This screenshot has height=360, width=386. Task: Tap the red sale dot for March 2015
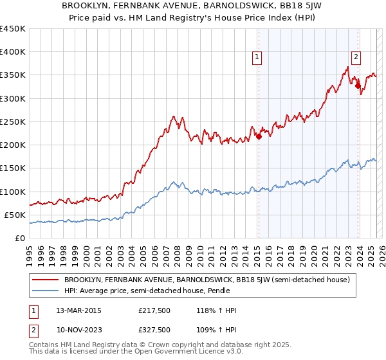tap(259, 136)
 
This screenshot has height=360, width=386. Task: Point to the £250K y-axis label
tap(13, 122)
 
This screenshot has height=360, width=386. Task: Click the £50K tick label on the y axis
tap(15, 215)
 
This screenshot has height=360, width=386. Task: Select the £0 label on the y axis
tap(20, 238)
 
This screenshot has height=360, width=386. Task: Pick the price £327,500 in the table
tap(154, 329)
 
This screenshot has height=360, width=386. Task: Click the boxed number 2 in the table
tap(33, 329)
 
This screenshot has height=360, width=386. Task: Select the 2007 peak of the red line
tap(173, 116)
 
